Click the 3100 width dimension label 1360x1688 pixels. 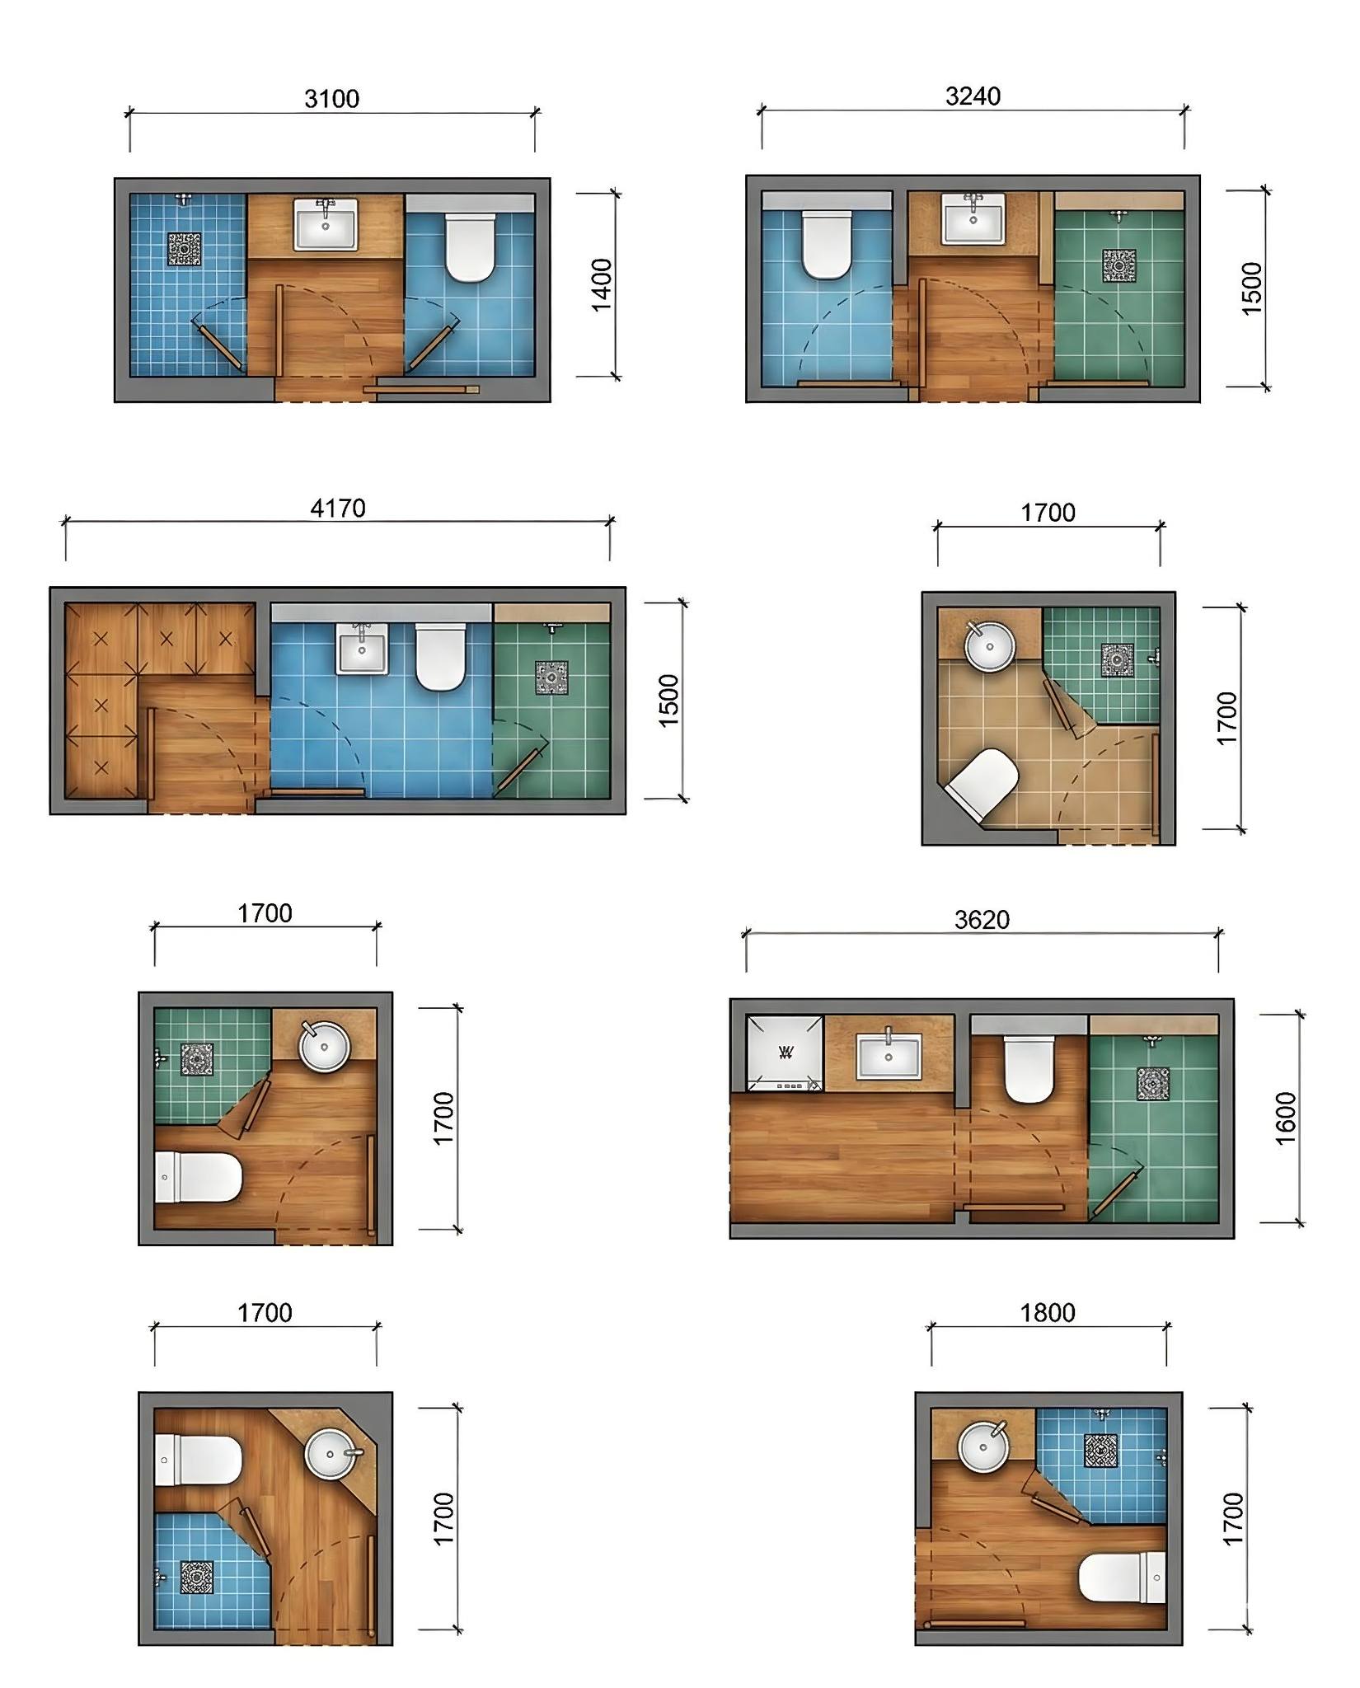pos(332,99)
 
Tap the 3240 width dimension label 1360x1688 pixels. pos(973,96)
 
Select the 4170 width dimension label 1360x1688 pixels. pos(338,508)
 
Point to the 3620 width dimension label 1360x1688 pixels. pos(982,919)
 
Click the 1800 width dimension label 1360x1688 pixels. pos(1048,1312)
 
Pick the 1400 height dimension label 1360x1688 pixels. pos(603,285)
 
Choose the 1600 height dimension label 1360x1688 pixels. pos(1286,1118)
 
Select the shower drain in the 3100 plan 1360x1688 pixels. pos(185,249)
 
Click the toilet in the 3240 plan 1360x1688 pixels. pos(827,245)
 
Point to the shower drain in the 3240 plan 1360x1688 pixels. pos(1118,265)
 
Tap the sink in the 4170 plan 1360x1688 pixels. pos(362,648)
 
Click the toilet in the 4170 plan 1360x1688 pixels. pos(441,657)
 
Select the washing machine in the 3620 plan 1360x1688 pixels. pos(785,1054)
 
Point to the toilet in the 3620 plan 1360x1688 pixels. pos(1029,1069)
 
